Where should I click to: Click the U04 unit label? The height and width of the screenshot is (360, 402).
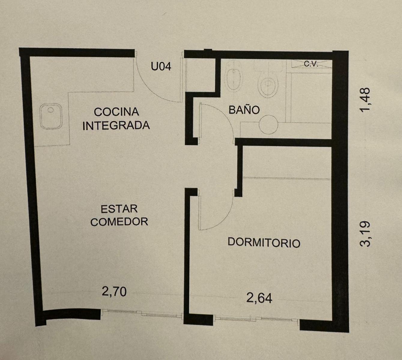(x=161, y=66)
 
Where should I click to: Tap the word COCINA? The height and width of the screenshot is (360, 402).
(x=116, y=112)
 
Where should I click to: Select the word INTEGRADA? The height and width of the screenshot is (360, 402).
(x=116, y=125)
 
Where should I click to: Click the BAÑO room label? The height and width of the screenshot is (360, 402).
(x=244, y=109)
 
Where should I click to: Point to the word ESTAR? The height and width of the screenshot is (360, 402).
(x=119, y=209)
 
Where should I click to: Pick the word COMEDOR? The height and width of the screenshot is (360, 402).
(x=119, y=222)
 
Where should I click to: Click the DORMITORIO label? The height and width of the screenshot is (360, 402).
(x=264, y=243)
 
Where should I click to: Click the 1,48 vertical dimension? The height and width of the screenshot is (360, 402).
(x=365, y=100)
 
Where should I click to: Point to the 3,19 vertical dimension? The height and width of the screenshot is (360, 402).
(x=365, y=234)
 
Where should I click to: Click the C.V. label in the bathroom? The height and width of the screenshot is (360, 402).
(x=311, y=64)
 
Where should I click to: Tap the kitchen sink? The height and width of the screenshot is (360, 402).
(x=51, y=116)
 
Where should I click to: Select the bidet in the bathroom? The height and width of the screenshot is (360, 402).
(x=234, y=76)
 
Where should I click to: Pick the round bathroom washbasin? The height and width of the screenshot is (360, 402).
(x=268, y=125)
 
